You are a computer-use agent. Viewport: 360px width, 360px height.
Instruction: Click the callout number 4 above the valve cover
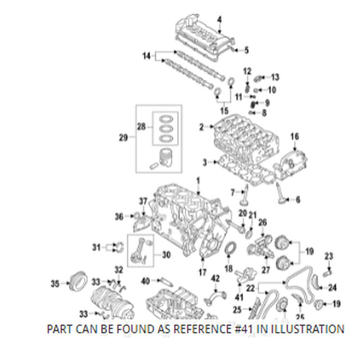(219, 20)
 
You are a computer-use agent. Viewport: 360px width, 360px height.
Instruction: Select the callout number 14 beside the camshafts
(147, 56)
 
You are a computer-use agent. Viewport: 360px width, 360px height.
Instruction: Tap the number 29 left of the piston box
(123, 137)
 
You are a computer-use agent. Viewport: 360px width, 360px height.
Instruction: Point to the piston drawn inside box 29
(166, 157)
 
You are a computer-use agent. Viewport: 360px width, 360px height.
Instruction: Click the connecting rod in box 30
(139, 251)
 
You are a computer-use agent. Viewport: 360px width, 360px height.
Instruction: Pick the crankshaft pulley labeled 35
(79, 281)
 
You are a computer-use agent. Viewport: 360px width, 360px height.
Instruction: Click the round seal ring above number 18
(231, 248)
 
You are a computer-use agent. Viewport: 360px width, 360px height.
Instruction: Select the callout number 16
(295, 136)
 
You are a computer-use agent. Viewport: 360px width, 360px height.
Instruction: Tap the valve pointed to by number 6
(281, 193)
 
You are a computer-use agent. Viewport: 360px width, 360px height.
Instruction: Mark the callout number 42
(215, 278)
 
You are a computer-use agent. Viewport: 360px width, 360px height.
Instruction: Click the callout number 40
(146, 281)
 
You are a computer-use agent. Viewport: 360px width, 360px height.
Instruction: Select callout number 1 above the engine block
(198, 181)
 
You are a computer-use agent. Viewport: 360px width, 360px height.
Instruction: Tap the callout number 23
(328, 256)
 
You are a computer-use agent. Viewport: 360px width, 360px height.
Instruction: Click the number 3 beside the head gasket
(205, 162)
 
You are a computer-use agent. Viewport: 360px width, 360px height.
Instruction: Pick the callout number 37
(143, 201)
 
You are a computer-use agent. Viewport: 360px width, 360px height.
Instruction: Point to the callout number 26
(262, 222)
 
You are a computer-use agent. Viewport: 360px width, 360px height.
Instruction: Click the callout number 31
(96, 247)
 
